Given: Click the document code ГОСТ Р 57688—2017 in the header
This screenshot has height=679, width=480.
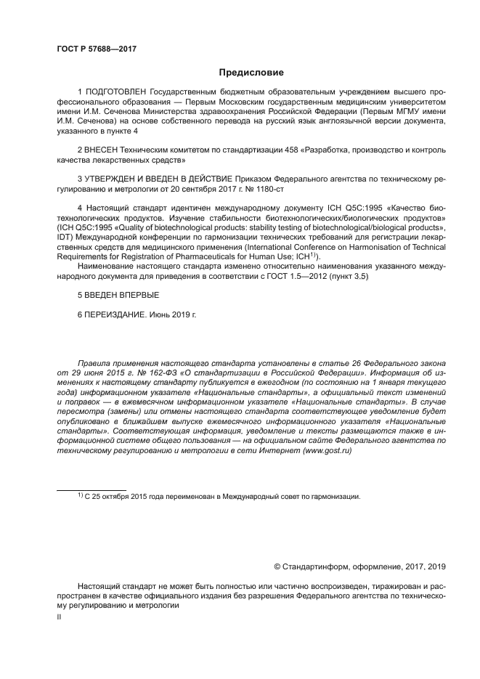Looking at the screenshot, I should pyautogui.click(x=96, y=49).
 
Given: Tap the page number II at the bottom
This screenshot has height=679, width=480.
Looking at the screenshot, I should pyautogui.click(x=60, y=616).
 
